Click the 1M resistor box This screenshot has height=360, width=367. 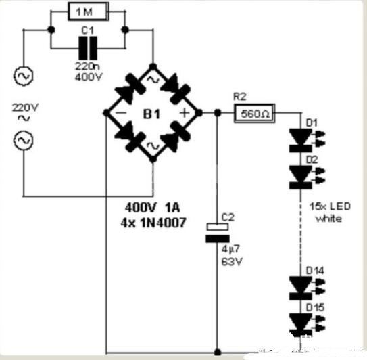(89, 12)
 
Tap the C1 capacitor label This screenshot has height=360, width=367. (87, 30)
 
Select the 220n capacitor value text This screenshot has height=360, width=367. (87, 66)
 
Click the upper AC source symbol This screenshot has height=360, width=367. (23, 76)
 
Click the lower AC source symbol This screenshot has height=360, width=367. (23, 140)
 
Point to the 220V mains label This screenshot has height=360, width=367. (25, 108)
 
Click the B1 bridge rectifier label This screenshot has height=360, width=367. (151, 114)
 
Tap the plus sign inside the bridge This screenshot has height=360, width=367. (185, 113)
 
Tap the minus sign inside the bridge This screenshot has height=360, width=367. (121, 113)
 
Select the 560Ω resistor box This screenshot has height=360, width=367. (254, 114)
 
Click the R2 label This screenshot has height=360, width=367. (240, 97)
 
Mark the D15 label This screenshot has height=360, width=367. (315, 308)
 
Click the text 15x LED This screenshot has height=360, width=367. (330, 206)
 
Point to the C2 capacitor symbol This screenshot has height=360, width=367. (218, 233)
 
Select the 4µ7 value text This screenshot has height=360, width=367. (230, 250)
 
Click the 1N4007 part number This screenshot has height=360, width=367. (163, 223)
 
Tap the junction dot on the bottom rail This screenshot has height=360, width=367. (218, 352)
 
